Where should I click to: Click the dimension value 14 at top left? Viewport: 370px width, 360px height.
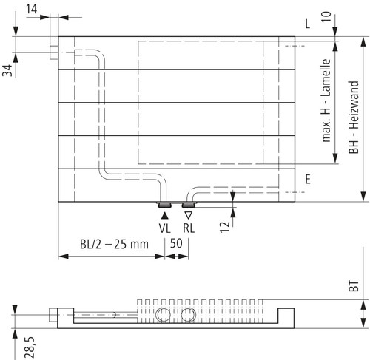pyautogui.click(x=32, y=10)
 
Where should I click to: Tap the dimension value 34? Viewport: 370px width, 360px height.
pyautogui.click(x=7, y=71)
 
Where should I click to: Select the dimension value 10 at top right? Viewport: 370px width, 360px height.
pyautogui.click(x=326, y=16)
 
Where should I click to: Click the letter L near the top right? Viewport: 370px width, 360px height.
pyautogui.click(x=308, y=24)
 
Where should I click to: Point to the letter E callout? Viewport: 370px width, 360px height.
pyautogui.click(x=308, y=179)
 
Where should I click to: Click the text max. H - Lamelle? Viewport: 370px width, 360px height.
pyautogui.click(x=326, y=101)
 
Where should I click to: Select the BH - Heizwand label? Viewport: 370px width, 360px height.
pyautogui.click(x=354, y=118)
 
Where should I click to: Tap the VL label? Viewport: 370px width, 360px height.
pyautogui.click(x=164, y=228)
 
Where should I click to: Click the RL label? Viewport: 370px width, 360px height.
pyautogui.click(x=189, y=228)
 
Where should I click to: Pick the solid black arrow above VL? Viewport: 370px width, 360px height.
pyautogui.click(x=164, y=216)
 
